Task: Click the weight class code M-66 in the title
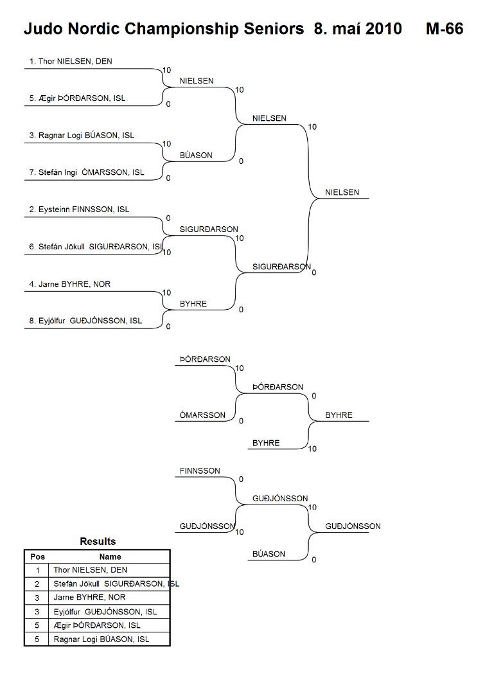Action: [x=445, y=29]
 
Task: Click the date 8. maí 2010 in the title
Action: [x=358, y=29]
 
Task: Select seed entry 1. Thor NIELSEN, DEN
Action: [x=71, y=61]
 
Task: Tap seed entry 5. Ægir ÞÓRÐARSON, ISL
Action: [x=77, y=98]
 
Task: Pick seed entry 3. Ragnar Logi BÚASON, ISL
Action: [x=82, y=136]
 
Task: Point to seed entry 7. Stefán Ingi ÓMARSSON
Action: [x=87, y=172]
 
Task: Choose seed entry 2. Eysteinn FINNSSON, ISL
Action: [x=79, y=210]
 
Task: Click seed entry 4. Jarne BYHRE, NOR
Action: [x=69, y=284]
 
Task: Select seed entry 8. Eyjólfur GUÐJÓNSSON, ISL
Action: [x=85, y=321]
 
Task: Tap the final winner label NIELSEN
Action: [x=342, y=192]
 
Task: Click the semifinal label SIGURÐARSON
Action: [x=281, y=267]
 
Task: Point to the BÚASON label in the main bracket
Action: [x=196, y=155]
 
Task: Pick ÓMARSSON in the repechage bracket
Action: [x=202, y=415]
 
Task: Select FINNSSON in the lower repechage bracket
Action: [x=200, y=470]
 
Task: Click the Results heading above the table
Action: [x=98, y=542]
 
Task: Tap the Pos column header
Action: [x=37, y=557]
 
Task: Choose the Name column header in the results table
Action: [x=110, y=557]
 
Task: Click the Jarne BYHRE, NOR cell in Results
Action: [x=89, y=597]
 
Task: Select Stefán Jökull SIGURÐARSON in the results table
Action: [x=116, y=584]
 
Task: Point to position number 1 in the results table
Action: [x=37, y=571]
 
